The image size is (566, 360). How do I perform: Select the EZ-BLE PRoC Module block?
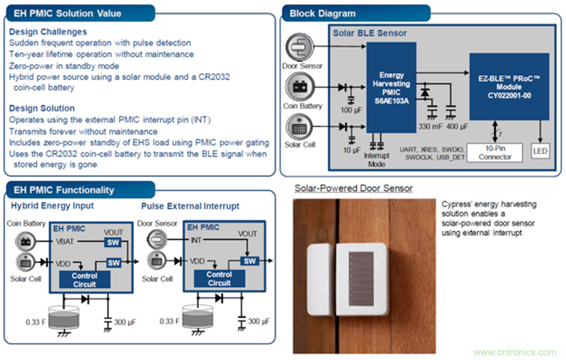[x=509, y=87]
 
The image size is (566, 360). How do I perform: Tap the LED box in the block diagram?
[x=540, y=151]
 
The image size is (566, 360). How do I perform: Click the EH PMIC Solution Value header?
[x=68, y=13]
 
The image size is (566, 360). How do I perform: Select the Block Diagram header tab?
[x=323, y=14]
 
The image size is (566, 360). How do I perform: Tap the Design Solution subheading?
[x=42, y=108]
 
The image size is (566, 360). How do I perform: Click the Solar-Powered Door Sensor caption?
[x=353, y=188]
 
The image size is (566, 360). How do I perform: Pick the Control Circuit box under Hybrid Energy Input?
[x=84, y=280]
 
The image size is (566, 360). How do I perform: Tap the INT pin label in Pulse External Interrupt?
[x=196, y=241]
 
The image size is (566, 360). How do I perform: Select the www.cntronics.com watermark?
[x=514, y=352]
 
